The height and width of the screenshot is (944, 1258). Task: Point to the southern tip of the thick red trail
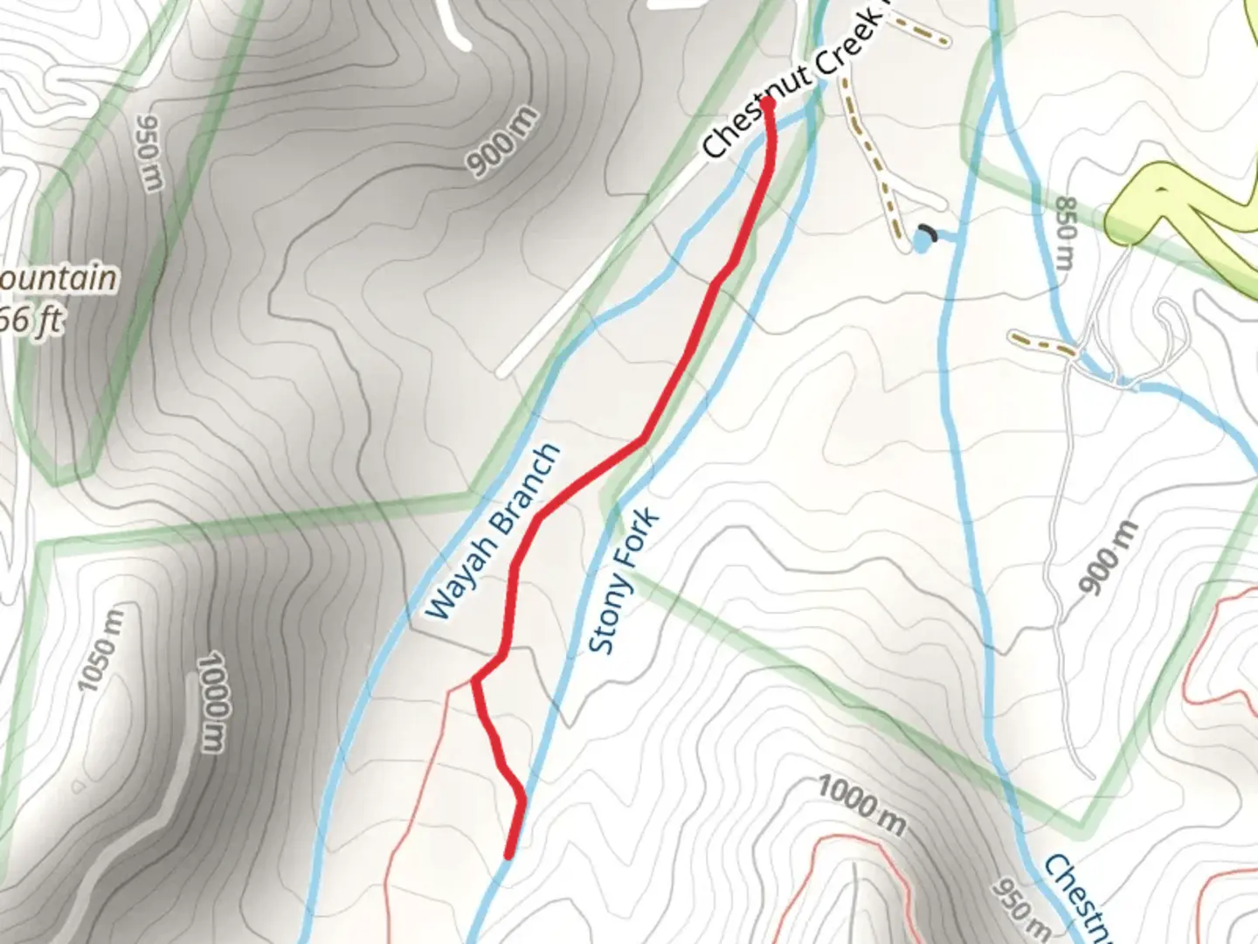[x=508, y=855]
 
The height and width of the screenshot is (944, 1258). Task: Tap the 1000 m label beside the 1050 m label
[x=211, y=701]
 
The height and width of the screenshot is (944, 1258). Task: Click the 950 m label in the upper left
[x=148, y=152]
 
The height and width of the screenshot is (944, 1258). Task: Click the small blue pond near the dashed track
[x=921, y=241]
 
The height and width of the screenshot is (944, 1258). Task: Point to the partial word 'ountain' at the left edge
[x=58, y=279]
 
